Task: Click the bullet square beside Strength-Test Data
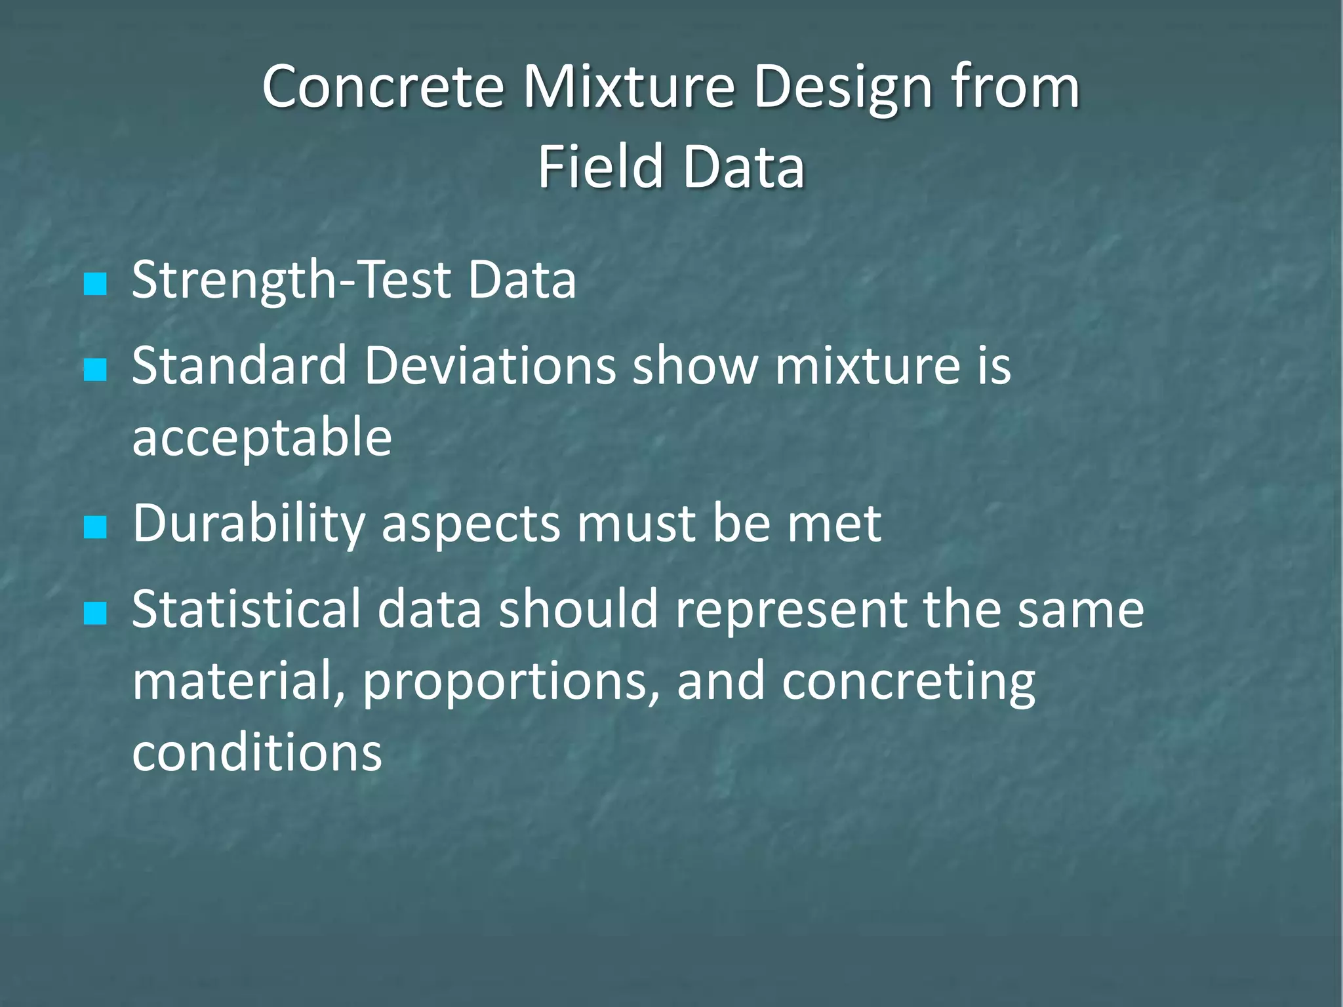click(x=96, y=284)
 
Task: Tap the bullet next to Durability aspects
click(x=96, y=527)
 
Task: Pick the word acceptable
click(x=262, y=437)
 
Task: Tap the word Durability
click(x=249, y=524)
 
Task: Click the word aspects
click(x=471, y=524)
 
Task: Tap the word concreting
click(x=908, y=682)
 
